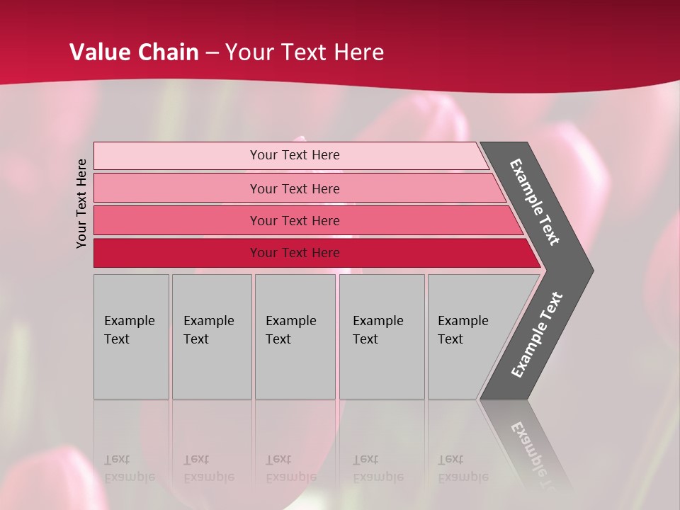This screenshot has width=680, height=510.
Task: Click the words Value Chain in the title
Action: pyautogui.click(x=134, y=52)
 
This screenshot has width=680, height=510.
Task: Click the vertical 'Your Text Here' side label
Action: pyautogui.click(x=81, y=203)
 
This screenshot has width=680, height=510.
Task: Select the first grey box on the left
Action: pyautogui.click(x=131, y=336)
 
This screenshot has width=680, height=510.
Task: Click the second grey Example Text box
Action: pyautogui.click(x=212, y=336)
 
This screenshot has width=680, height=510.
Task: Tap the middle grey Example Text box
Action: pyautogui.click(x=295, y=336)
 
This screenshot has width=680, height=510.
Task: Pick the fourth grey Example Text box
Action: pyautogui.click(x=382, y=336)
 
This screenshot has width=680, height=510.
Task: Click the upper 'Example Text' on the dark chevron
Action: pyautogui.click(x=535, y=202)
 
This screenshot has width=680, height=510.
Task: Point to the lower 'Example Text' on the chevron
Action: pyautogui.click(x=536, y=335)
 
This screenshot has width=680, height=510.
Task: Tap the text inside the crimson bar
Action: pyautogui.click(x=295, y=253)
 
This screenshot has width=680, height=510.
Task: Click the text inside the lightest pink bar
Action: pyautogui.click(x=295, y=155)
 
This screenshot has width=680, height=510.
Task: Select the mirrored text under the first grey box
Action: pyautogui.click(x=129, y=468)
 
